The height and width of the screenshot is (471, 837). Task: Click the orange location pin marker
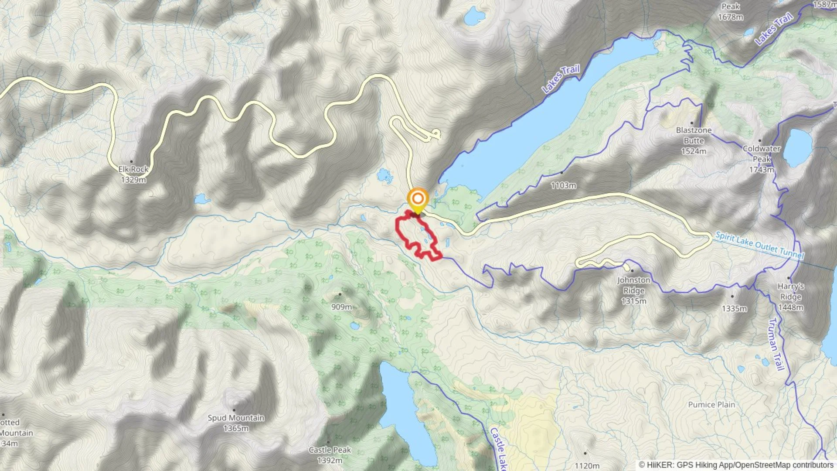coord(418,199)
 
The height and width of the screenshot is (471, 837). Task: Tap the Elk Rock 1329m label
coord(133,174)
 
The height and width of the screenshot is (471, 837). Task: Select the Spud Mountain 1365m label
coord(236,423)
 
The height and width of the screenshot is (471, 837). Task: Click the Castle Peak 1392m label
coord(330,455)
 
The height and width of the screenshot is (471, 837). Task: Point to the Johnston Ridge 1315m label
coord(633,290)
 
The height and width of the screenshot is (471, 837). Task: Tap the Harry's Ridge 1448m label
coord(790,297)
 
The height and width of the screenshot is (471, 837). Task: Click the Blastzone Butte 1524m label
coord(694,140)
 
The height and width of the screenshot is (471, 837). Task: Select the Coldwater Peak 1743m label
coord(761,159)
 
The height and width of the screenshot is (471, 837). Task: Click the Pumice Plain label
coord(711,404)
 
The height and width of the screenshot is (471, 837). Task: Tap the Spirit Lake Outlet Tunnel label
coord(759,245)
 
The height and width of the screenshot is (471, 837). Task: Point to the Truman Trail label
coord(776,345)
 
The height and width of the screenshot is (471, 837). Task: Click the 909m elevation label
coord(341,307)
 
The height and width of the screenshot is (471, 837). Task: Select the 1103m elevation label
coord(563,185)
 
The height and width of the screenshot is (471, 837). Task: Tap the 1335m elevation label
coord(734,308)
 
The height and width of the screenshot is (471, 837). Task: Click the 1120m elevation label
coord(587,465)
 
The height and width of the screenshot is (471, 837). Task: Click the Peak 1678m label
coord(731,12)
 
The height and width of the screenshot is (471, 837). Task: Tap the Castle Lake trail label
coord(498,449)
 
